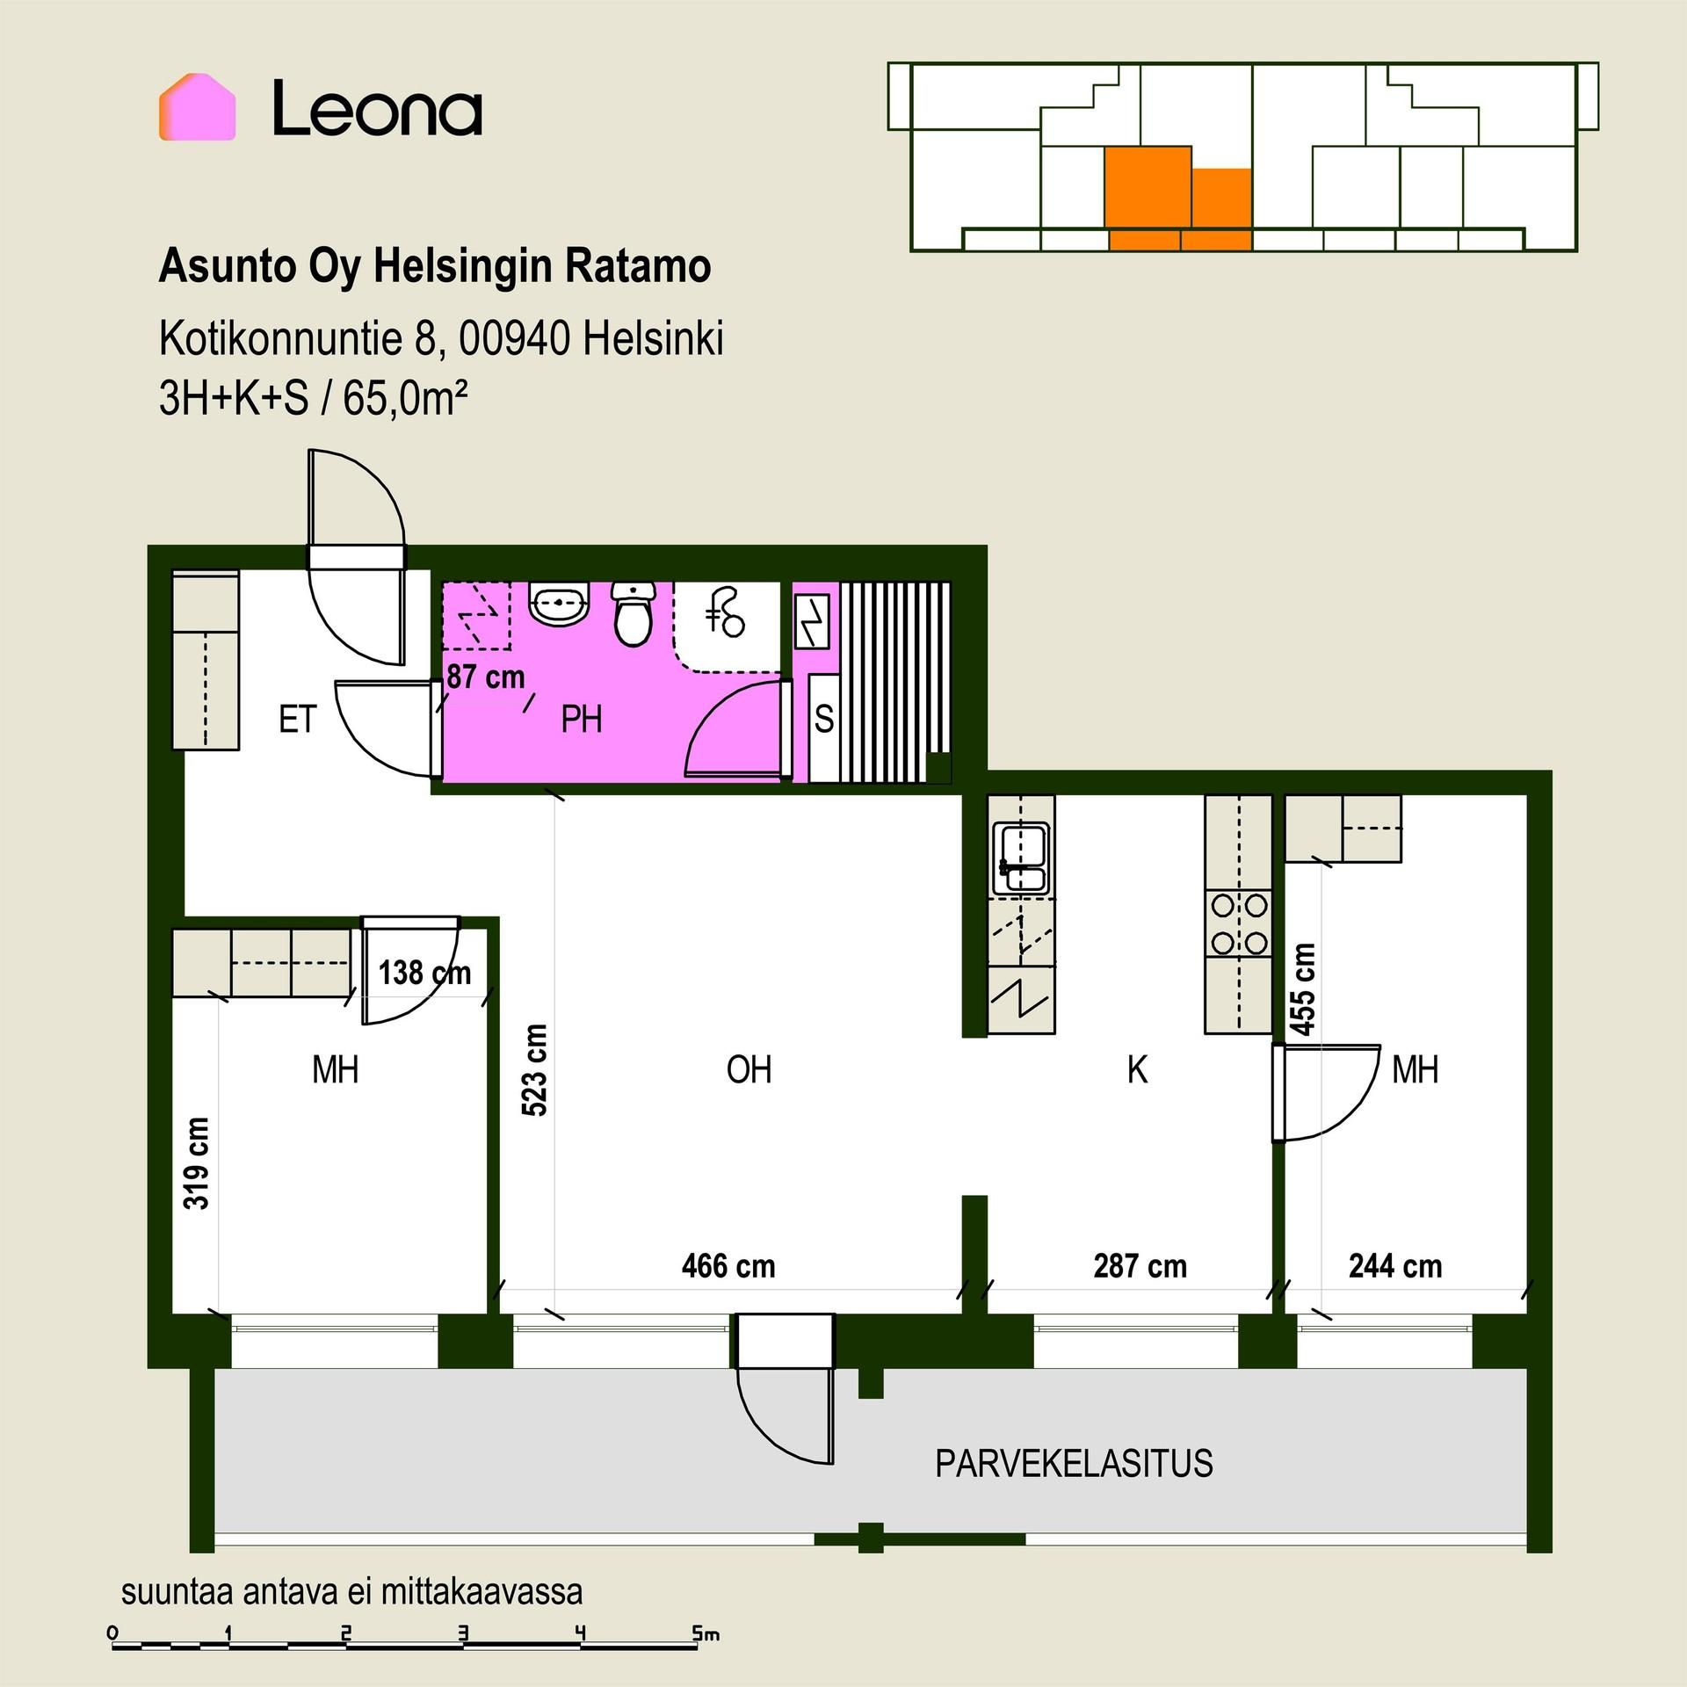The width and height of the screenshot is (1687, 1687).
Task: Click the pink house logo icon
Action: (x=197, y=107)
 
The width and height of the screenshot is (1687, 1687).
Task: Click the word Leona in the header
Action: (x=377, y=108)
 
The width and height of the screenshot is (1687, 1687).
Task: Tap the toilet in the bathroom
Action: (x=633, y=612)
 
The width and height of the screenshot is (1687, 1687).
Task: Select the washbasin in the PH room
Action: (x=558, y=604)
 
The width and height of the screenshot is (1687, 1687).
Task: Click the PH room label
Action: (x=582, y=720)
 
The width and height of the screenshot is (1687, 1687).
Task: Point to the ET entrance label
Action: (x=297, y=720)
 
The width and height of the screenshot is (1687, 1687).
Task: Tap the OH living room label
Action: (x=749, y=1069)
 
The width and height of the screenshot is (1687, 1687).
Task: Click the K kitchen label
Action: (x=1137, y=1069)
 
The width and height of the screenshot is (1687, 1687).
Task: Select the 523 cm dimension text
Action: (x=534, y=1070)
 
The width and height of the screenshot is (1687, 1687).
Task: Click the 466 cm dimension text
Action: (x=728, y=1266)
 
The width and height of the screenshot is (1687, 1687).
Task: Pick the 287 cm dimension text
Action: (x=1140, y=1266)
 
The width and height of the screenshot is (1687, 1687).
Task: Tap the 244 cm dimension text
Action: (x=1395, y=1266)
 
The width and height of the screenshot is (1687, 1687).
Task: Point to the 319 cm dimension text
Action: (x=197, y=1163)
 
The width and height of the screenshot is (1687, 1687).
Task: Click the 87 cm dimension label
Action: (x=486, y=677)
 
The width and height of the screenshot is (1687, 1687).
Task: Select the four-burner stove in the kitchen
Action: (x=1239, y=923)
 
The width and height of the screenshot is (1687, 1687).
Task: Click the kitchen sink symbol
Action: (x=1020, y=858)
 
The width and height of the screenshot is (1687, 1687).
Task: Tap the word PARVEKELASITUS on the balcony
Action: (x=1074, y=1464)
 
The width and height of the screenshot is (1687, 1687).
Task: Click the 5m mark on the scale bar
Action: (x=705, y=1634)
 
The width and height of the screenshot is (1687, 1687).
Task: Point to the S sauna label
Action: (x=824, y=720)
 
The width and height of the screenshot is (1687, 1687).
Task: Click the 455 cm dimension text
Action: (x=1304, y=988)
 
